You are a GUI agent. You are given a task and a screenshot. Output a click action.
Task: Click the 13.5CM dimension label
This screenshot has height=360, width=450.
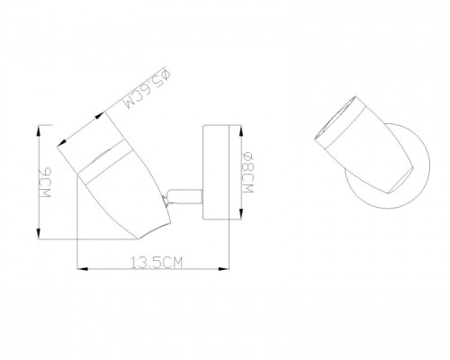click(157, 262)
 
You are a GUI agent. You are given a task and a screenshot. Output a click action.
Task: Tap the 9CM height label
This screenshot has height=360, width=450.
click(45, 183)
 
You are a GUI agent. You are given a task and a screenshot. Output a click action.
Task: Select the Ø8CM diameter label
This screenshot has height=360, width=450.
click(248, 173)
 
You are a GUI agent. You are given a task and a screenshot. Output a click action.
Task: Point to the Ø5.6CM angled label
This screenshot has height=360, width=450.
click(148, 90)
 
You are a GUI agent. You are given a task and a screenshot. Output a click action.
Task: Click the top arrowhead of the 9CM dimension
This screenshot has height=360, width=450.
click(39, 130)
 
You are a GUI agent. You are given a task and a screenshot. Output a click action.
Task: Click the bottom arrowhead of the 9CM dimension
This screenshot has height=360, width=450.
click(39, 233)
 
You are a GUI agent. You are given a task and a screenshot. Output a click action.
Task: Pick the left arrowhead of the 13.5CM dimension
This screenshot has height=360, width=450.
click(83, 269)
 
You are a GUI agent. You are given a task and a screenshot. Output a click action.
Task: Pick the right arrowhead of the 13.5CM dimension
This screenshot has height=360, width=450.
click(223, 269)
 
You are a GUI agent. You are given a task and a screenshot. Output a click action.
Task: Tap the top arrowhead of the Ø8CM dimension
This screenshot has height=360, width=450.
click(241, 130)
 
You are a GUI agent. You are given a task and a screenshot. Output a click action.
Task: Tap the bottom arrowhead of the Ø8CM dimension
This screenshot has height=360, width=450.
click(241, 214)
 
